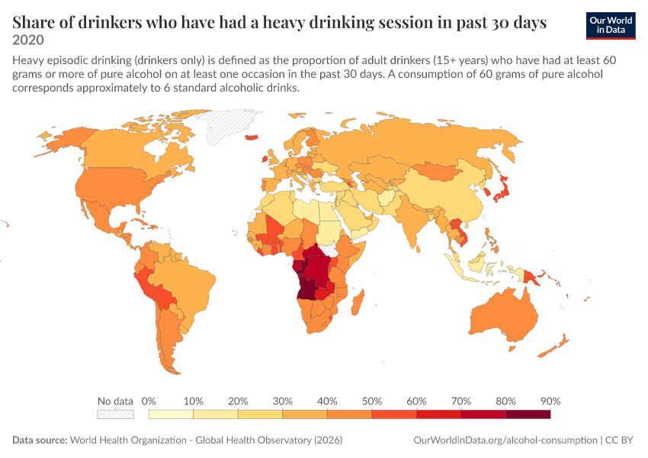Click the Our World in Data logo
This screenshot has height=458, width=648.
pyautogui.click(x=611, y=26)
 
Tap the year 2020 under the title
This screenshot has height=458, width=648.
pyautogui.click(x=28, y=40)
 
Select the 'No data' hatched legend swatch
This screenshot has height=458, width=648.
pyautogui.click(x=115, y=414)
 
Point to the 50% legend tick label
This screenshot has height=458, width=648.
pyautogui.click(x=372, y=401)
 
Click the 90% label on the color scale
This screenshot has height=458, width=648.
pyautogui.click(x=550, y=401)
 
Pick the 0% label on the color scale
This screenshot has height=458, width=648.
pyautogui.click(x=149, y=401)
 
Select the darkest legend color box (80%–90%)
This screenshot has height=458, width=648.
pyautogui.click(x=528, y=414)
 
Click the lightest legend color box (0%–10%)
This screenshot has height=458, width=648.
pyautogui.click(x=171, y=414)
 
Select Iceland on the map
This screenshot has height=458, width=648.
pyautogui.click(x=252, y=137)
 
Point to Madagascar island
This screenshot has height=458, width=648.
pyautogui.click(x=358, y=302)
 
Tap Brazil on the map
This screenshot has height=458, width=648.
pyautogui.click(x=186, y=285)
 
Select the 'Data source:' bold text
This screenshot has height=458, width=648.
pyautogui.click(x=40, y=440)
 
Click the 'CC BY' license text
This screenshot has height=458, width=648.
pyautogui.click(x=619, y=440)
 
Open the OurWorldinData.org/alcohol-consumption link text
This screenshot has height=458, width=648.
pyautogui.click(x=505, y=440)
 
